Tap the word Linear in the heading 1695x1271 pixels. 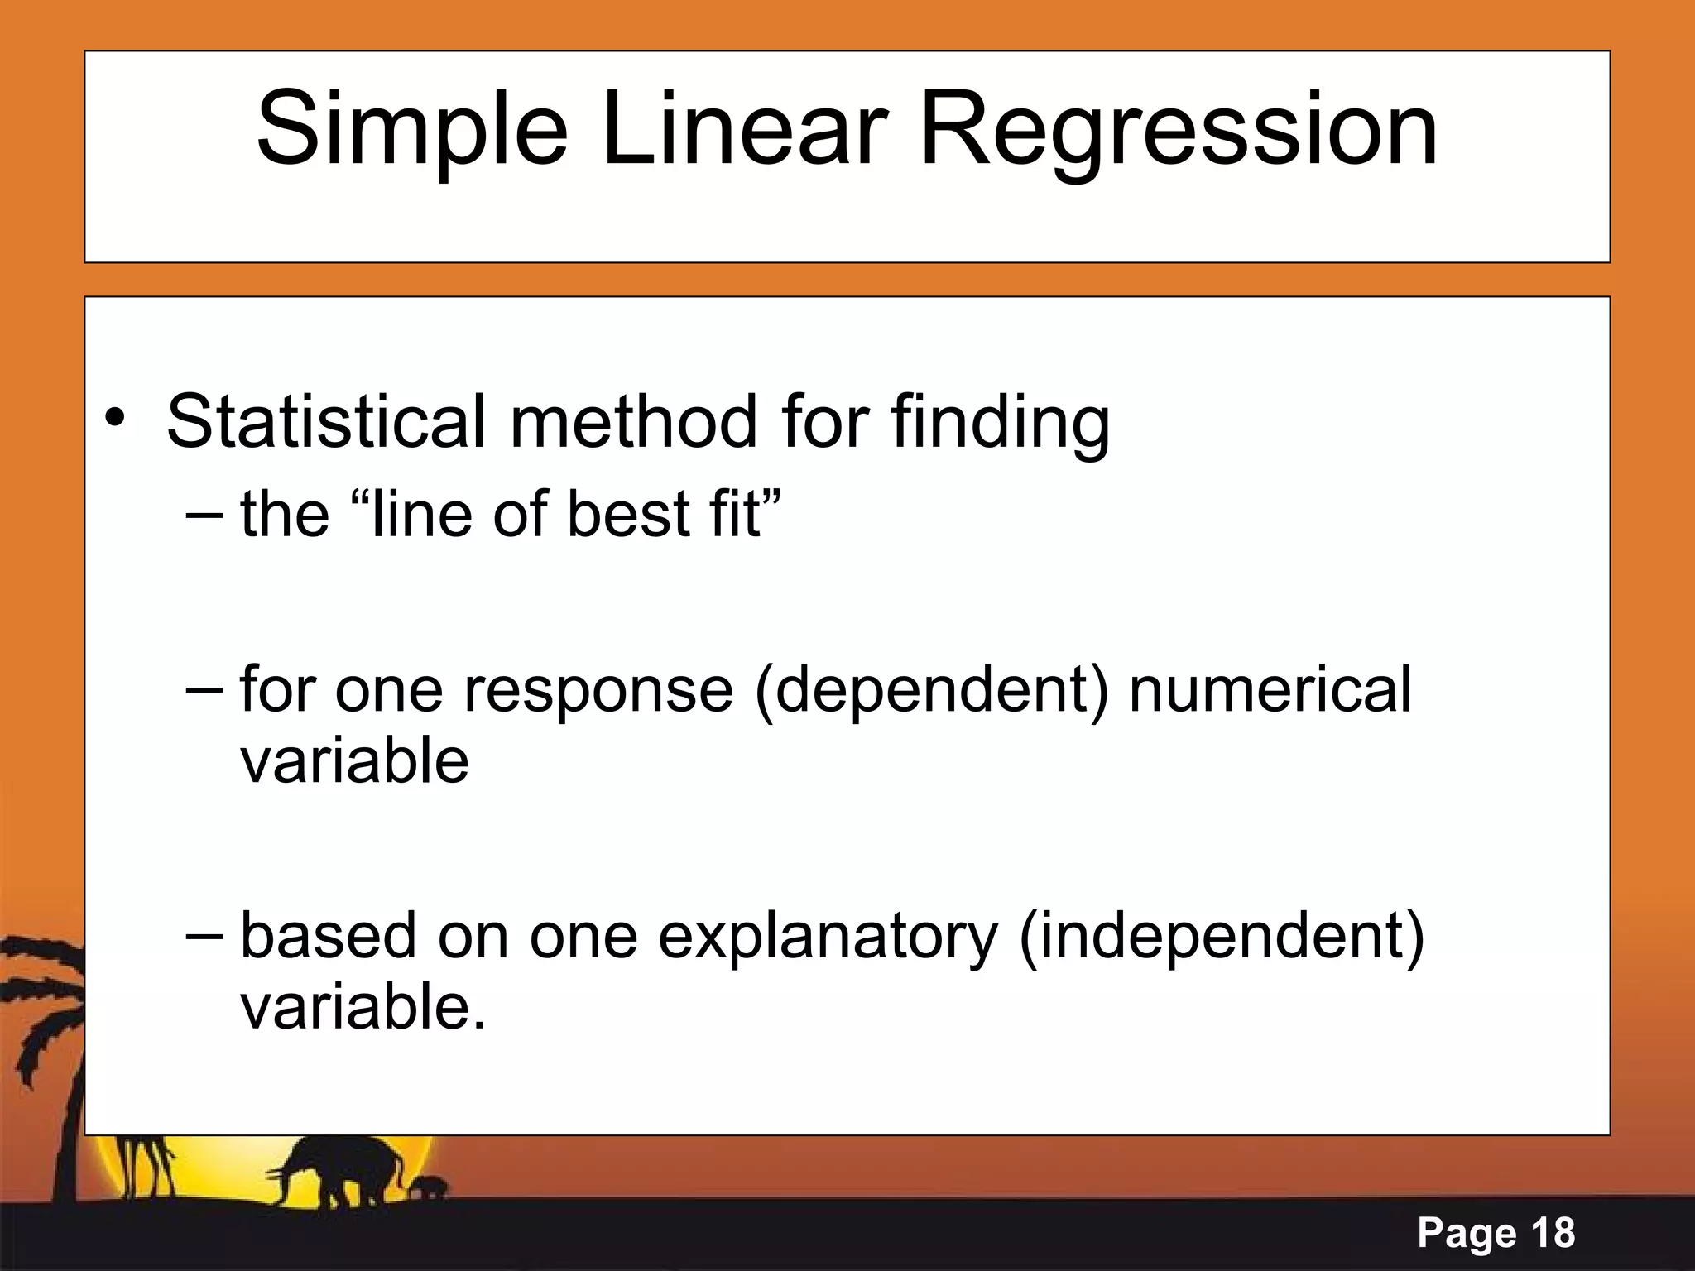[x=744, y=130]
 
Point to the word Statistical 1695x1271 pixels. [x=325, y=422]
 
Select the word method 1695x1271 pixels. [x=633, y=422]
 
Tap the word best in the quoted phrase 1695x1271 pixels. [x=628, y=514]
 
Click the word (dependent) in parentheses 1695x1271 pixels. [x=931, y=691]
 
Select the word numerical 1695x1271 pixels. [x=1270, y=689]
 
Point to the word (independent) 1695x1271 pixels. [x=1222, y=938]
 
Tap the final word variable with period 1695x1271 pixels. [x=363, y=1007]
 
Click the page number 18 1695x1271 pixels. [x=1553, y=1233]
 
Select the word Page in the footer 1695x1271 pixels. [x=1466, y=1234]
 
